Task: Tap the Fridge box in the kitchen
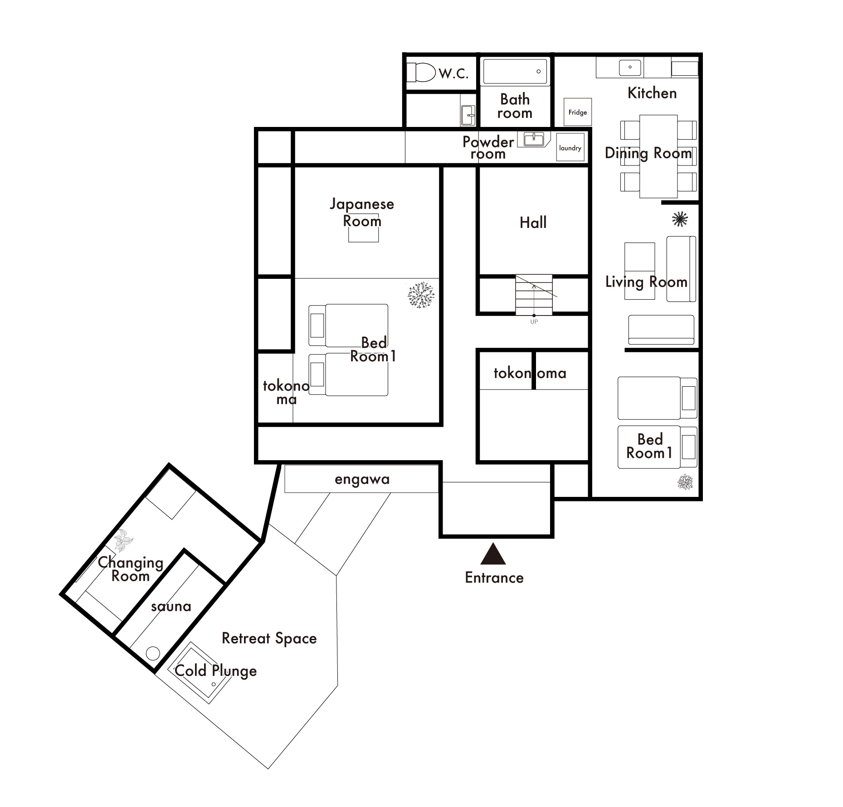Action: (578, 112)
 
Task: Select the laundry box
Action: (570, 147)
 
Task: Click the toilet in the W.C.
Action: (420, 73)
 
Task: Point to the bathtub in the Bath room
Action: (515, 71)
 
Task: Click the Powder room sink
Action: (534, 139)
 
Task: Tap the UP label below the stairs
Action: (534, 322)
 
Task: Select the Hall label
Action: (533, 223)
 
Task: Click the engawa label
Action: (362, 480)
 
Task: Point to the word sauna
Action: (171, 607)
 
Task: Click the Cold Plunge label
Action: (216, 671)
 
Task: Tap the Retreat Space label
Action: (269, 639)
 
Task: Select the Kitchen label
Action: (652, 93)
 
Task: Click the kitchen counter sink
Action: (630, 68)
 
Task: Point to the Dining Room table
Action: (658, 156)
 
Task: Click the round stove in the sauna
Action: (153, 653)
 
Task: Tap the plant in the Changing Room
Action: (122, 540)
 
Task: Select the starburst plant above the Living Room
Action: (680, 219)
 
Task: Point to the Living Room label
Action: (646, 282)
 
